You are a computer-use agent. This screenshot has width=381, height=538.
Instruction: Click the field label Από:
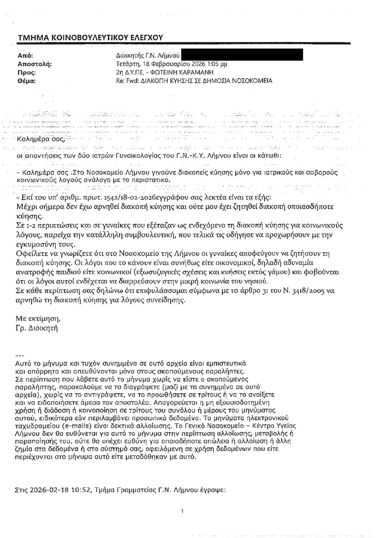[x=25, y=56]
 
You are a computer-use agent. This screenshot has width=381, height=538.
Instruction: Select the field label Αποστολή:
[x=34, y=64]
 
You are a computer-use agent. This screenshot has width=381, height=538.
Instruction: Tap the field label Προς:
[x=27, y=73]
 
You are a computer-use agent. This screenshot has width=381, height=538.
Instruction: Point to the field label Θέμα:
[x=27, y=81]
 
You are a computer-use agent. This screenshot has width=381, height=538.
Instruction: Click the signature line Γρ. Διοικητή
[x=37, y=328]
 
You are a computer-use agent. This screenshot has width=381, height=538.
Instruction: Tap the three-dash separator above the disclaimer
[x=19, y=356]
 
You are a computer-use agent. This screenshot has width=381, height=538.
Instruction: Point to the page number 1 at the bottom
[x=183, y=511]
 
